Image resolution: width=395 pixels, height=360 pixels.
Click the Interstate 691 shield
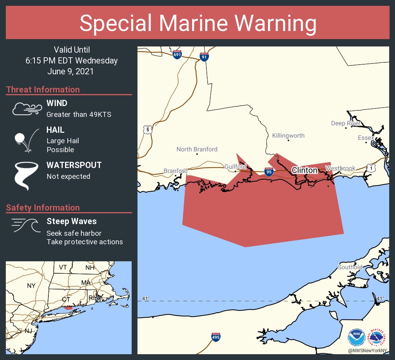pyautogui.click(x=177, y=55)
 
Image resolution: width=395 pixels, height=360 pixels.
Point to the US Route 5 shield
pyautogui.click(x=148, y=130)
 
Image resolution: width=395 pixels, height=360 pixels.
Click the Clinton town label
pyautogui.click(x=304, y=170)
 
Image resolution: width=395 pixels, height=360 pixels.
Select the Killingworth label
pyautogui.click(x=288, y=135)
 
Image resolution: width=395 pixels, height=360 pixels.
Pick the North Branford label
pyautogui.click(x=197, y=149)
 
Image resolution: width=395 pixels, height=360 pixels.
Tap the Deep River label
pyautogui.click(x=346, y=123)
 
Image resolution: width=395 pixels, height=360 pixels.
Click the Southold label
pyautogui.click(x=350, y=267)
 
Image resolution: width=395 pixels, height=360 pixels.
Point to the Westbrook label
pyautogui.click(x=340, y=168)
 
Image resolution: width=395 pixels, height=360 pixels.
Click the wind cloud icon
pyautogui.click(x=26, y=109)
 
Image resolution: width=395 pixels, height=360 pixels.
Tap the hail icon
pyautogui.click(x=26, y=140)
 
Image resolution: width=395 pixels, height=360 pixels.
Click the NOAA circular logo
pyautogui.click(x=356, y=338)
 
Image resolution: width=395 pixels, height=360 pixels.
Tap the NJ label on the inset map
pyautogui.click(x=28, y=331)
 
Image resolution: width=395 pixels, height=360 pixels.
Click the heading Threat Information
pyautogui.click(x=43, y=89)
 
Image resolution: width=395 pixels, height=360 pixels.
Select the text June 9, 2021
pyautogui.click(x=70, y=72)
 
